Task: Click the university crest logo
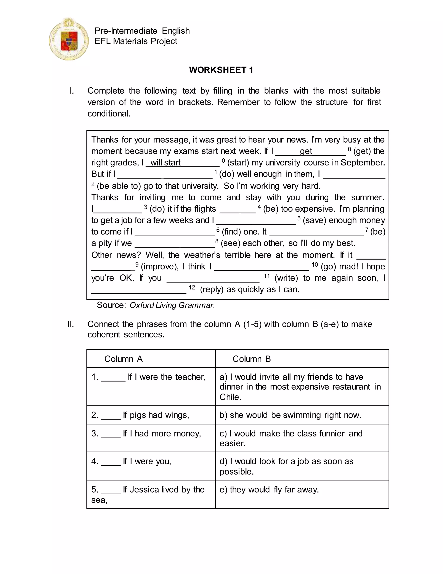69,39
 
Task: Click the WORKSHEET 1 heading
221,70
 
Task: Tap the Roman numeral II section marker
71,324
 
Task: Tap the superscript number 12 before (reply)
192,287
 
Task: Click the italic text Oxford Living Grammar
172,305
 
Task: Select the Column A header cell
151,359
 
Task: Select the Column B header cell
302,359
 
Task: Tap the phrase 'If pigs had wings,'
156,415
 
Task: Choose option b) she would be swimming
290,415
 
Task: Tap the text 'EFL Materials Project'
136,41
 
